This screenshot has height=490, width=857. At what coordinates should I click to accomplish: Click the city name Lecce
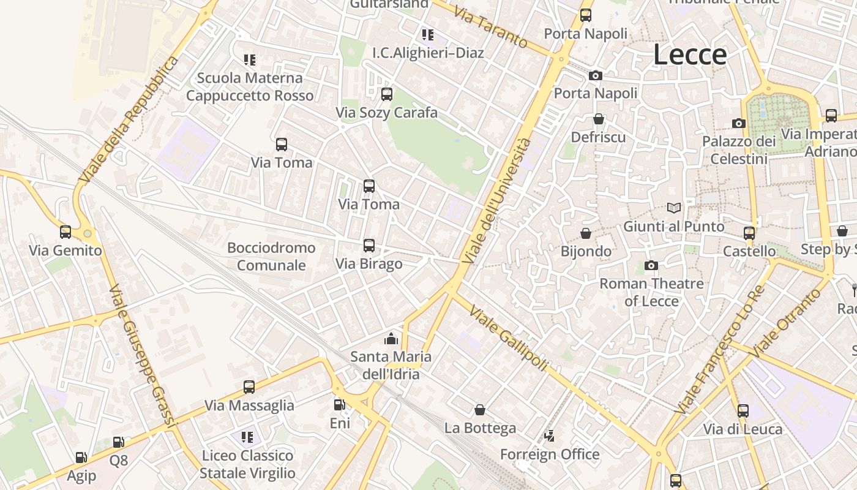click(690, 55)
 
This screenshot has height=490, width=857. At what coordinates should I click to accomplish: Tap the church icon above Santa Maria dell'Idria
click(391, 338)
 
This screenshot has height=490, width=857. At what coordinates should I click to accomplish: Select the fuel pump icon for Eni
click(339, 404)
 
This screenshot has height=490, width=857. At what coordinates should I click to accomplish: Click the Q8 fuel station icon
click(119, 442)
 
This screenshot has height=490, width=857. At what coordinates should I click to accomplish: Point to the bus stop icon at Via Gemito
click(65, 232)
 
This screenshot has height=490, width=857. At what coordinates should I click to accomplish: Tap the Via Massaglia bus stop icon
click(249, 387)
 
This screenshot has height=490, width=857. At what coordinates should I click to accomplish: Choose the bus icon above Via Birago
click(369, 246)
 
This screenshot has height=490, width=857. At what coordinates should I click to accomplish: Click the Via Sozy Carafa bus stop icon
click(386, 94)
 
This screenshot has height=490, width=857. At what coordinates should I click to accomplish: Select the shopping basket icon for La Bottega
click(480, 409)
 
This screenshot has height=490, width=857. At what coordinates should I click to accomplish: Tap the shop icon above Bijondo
click(586, 233)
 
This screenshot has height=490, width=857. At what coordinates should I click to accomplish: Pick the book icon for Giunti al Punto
click(674, 208)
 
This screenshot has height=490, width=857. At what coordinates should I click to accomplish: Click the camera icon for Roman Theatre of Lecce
click(651, 265)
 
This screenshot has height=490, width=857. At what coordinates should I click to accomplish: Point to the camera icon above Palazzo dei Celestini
click(739, 123)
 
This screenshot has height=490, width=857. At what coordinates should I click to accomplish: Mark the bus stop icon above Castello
click(749, 233)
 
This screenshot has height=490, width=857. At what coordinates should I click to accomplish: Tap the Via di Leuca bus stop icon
click(743, 411)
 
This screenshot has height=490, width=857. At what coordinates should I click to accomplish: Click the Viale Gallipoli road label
click(507, 337)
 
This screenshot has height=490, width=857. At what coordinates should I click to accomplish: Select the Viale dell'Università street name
click(496, 201)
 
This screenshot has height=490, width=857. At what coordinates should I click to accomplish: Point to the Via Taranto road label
click(490, 28)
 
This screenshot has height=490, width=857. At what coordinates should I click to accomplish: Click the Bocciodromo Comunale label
click(271, 257)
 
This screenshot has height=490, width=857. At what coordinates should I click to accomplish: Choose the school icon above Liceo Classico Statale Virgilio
click(247, 437)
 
